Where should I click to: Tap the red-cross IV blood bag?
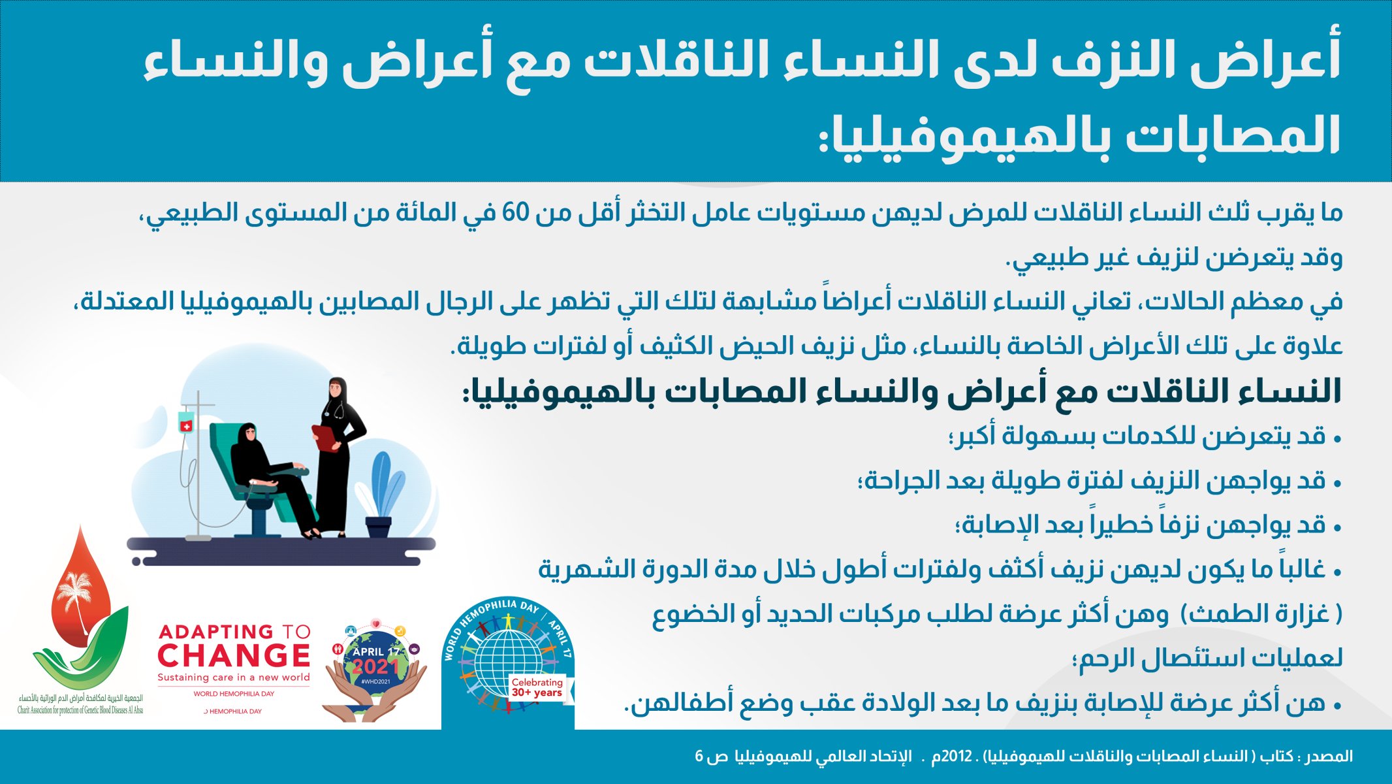tap(186, 422)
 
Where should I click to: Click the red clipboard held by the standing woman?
tap(326, 437)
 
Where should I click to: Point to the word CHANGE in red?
tap(234, 655)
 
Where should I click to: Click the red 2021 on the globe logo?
tap(375, 666)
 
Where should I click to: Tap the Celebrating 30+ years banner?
tap(537, 687)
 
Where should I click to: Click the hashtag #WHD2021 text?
tap(375, 681)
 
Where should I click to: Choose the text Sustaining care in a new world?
tap(234, 678)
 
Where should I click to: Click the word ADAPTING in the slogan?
tap(216, 632)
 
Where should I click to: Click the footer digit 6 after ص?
tap(699, 757)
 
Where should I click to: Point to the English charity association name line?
tap(80, 710)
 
